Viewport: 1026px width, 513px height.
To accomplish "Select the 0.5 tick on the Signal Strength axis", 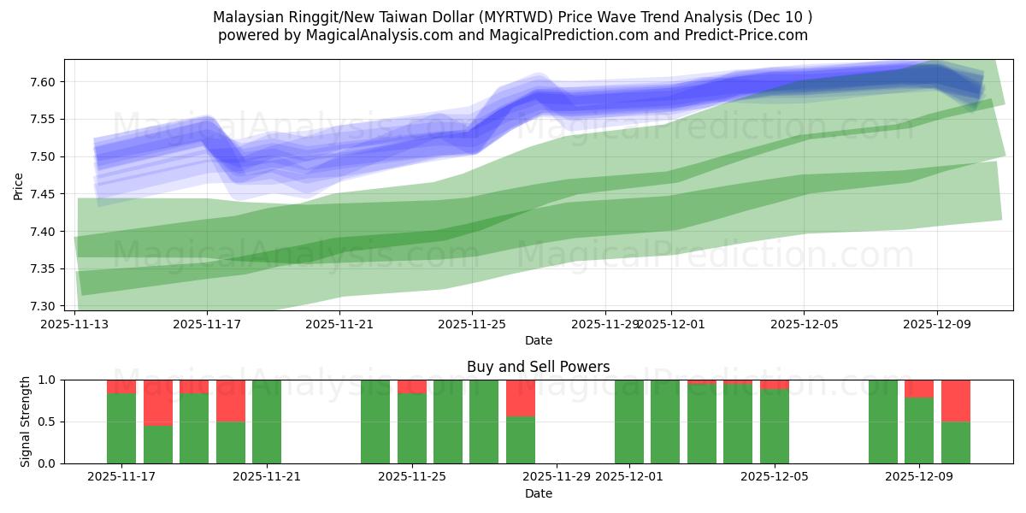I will point(44,422).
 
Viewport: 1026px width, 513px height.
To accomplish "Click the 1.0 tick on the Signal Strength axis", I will point(44,380).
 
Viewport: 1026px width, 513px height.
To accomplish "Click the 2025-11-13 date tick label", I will point(74,324).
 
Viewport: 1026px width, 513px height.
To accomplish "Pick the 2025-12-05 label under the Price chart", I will point(803,324).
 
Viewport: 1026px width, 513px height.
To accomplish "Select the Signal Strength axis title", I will point(26,422).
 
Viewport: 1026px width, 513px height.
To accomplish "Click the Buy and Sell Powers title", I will point(538,367).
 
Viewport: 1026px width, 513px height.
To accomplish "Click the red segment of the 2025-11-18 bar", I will point(158,402).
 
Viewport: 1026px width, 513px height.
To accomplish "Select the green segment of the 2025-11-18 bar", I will point(158,444).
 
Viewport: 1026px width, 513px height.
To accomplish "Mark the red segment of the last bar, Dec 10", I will point(955,400).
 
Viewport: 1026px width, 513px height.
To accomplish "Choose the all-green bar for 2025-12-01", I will point(629,422).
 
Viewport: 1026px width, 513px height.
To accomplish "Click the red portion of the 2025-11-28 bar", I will point(521,398).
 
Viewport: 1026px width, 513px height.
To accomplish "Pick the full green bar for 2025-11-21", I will point(267,422).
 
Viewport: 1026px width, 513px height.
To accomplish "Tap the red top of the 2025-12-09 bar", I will point(919,388).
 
